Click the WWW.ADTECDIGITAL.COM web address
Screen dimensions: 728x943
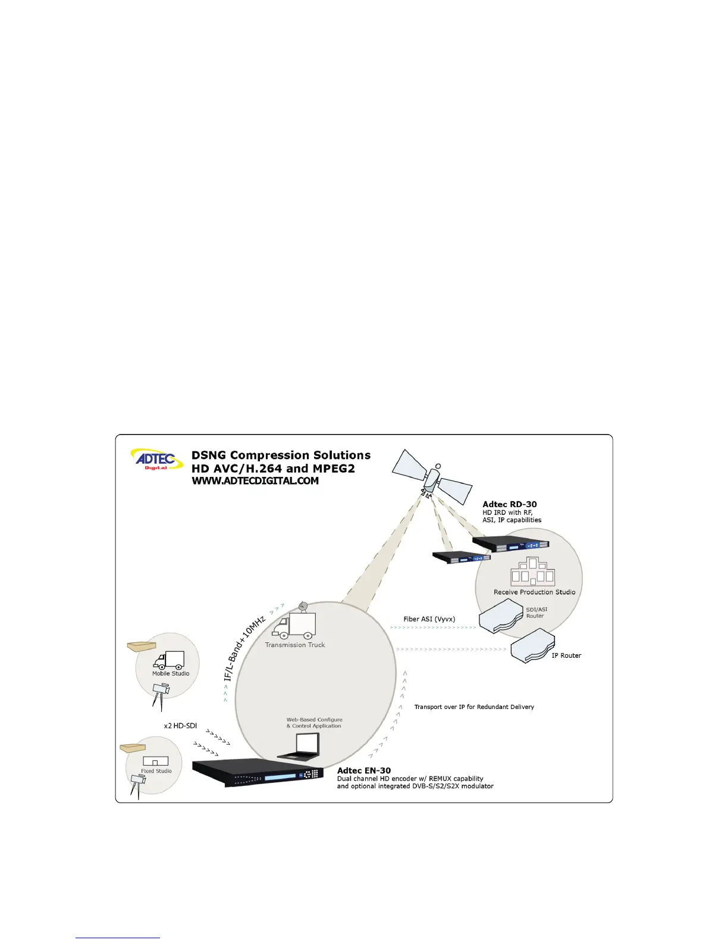tap(255, 481)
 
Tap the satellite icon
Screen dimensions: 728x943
tap(432, 477)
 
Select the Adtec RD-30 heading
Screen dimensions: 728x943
tap(510, 504)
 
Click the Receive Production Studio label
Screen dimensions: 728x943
tap(534, 592)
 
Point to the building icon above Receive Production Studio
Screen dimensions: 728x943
tap(533, 572)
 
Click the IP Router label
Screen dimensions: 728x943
tap(566, 655)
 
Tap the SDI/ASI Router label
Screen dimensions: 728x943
tap(536, 613)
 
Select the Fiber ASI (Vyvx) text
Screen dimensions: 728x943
tap(429, 619)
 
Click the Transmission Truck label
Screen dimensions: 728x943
tap(295, 645)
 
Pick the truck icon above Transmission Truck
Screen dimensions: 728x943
tap(294, 623)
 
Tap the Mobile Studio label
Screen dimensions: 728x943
tap(171, 673)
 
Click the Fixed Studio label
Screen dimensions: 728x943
tap(156, 771)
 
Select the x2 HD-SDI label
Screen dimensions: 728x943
tap(180, 726)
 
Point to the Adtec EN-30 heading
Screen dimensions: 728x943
tap(364, 770)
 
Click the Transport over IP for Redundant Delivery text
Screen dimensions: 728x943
tap(474, 707)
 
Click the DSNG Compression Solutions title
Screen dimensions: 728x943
tap(281, 455)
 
